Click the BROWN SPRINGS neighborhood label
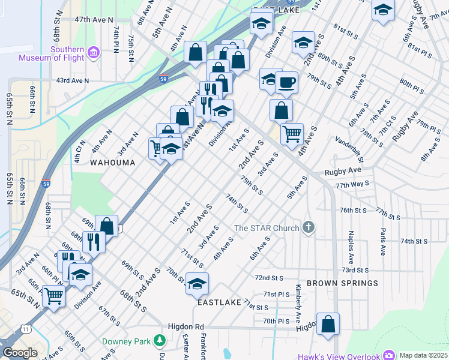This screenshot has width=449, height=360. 342,283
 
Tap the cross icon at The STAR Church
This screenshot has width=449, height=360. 309,227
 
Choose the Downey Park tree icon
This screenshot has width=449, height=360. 160,341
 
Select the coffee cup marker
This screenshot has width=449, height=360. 286,82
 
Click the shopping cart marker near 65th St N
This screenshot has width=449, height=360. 54,295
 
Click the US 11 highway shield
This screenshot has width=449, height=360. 25,329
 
